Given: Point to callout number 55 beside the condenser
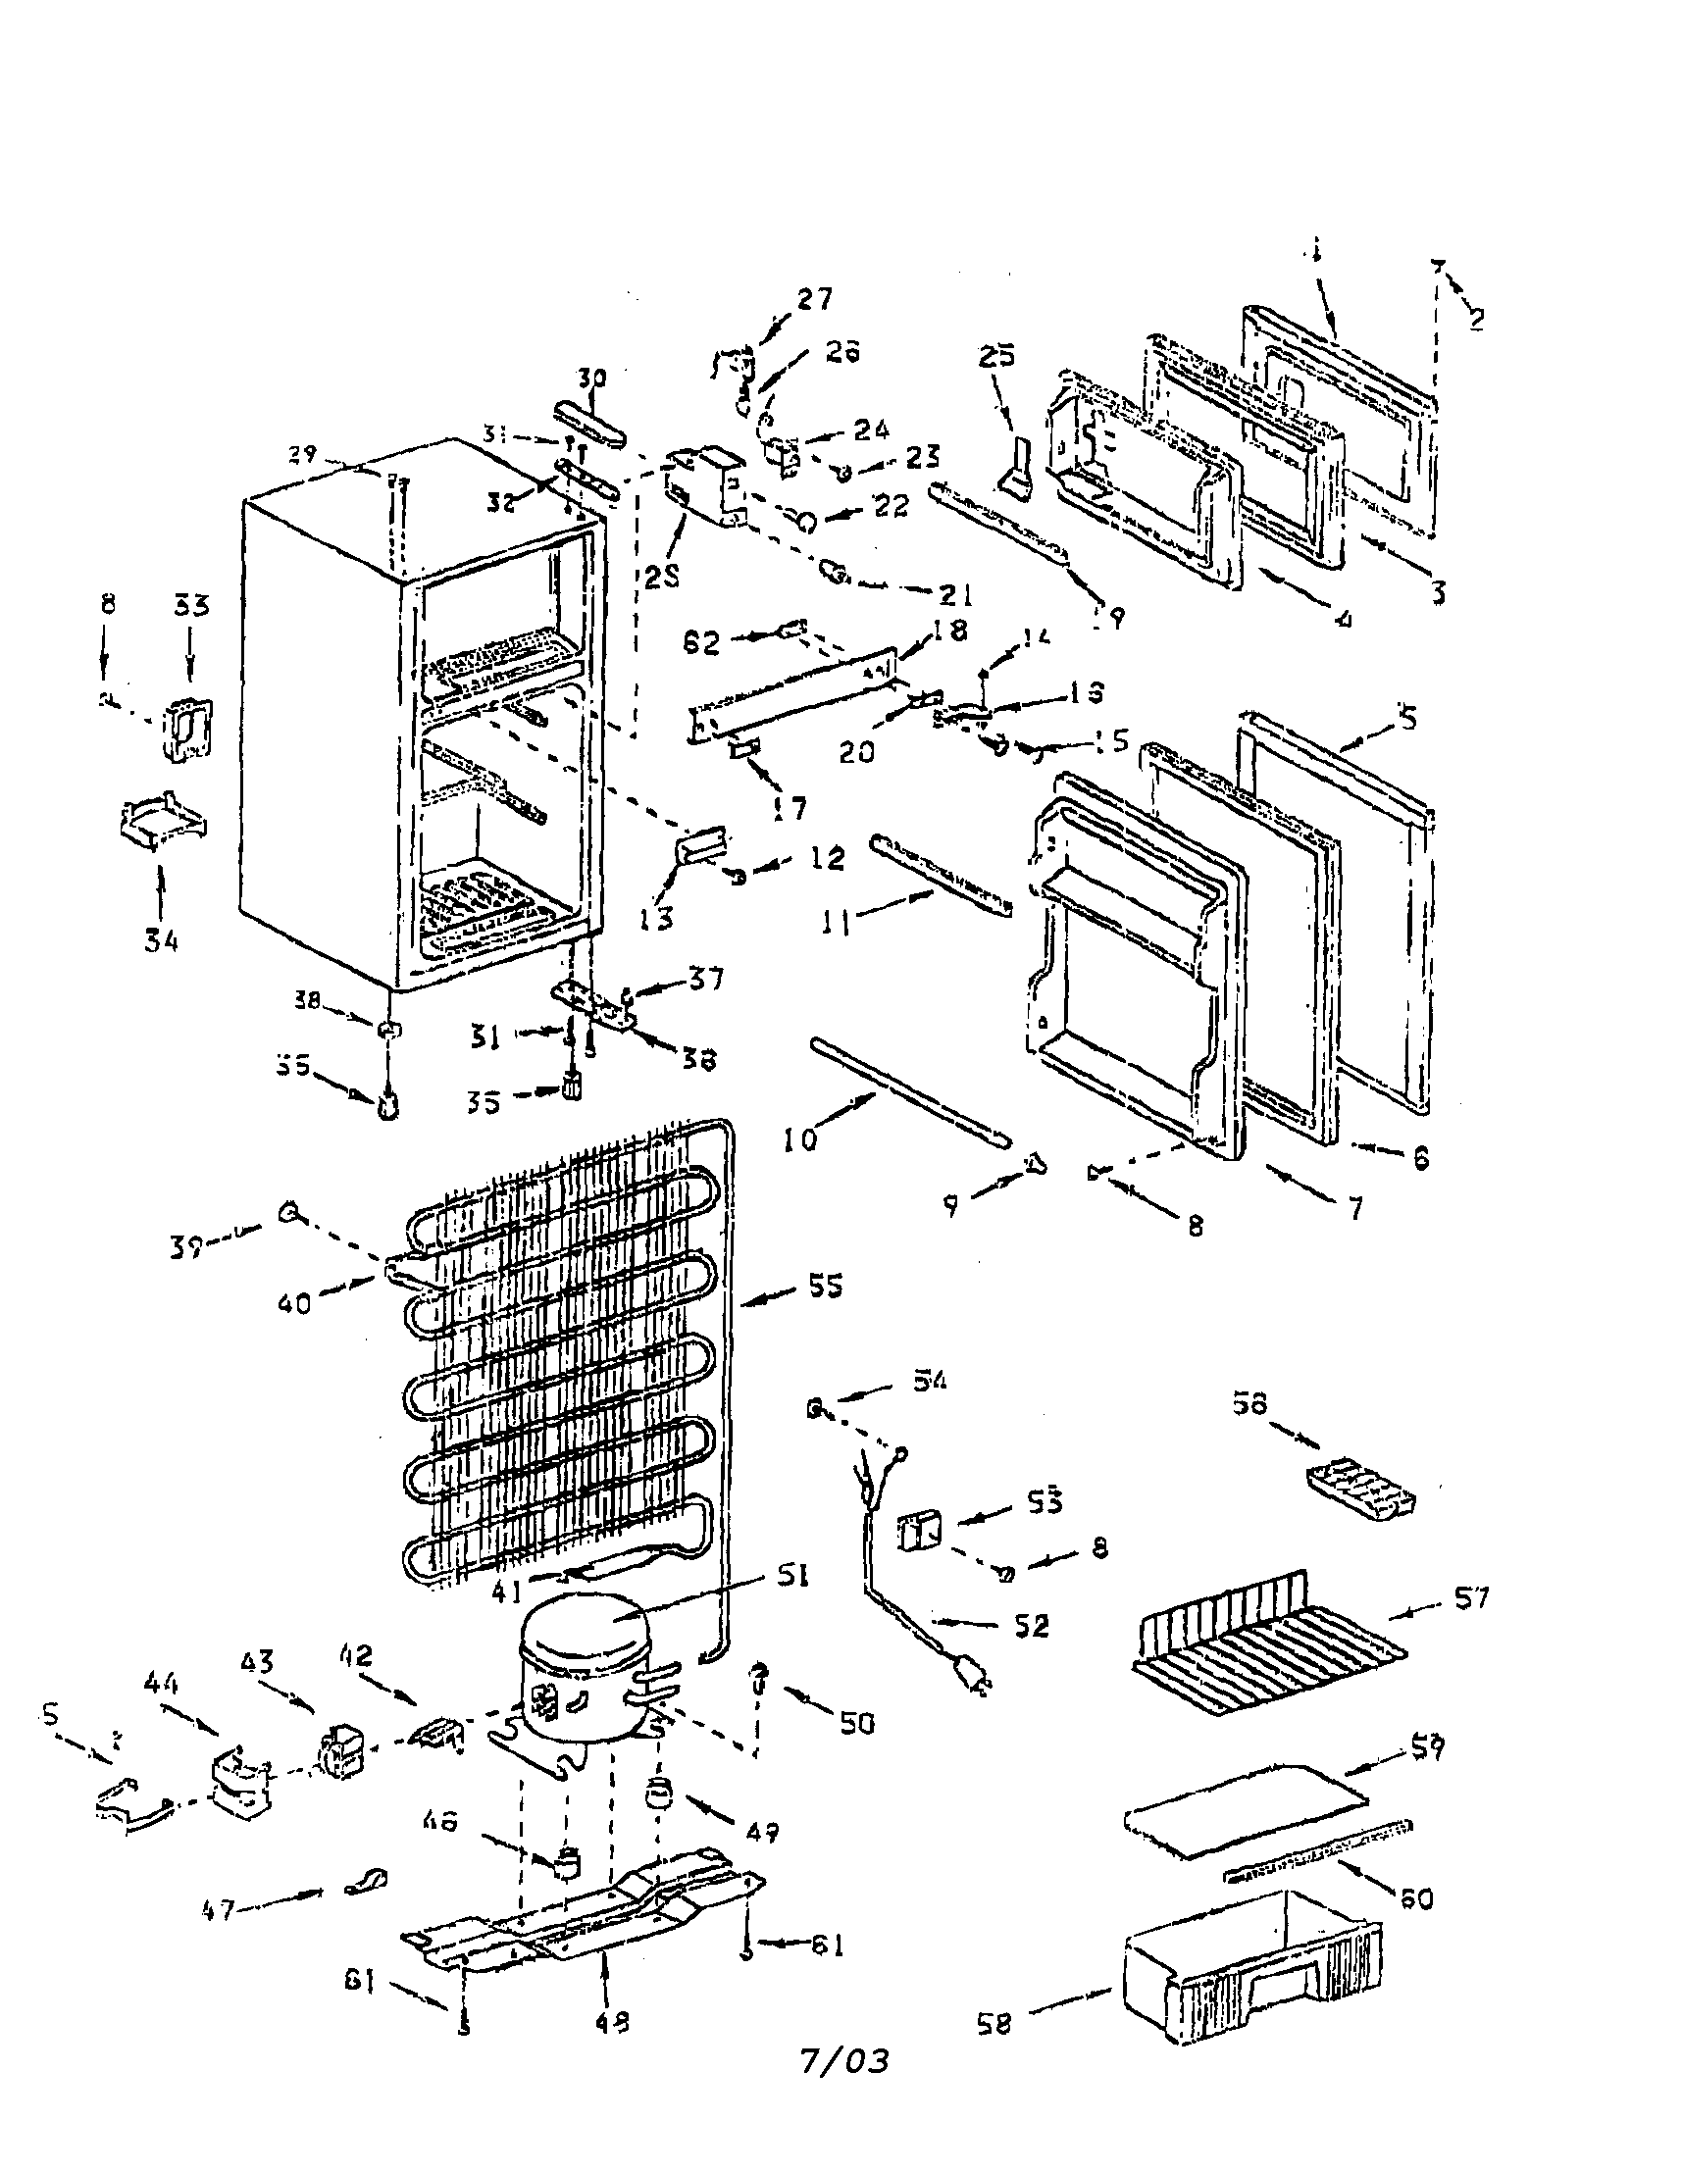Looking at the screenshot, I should click(825, 1287).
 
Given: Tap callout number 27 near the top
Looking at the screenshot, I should click(814, 298).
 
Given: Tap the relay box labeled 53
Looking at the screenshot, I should click(918, 1533).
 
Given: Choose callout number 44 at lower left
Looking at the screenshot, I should click(160, 1683).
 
